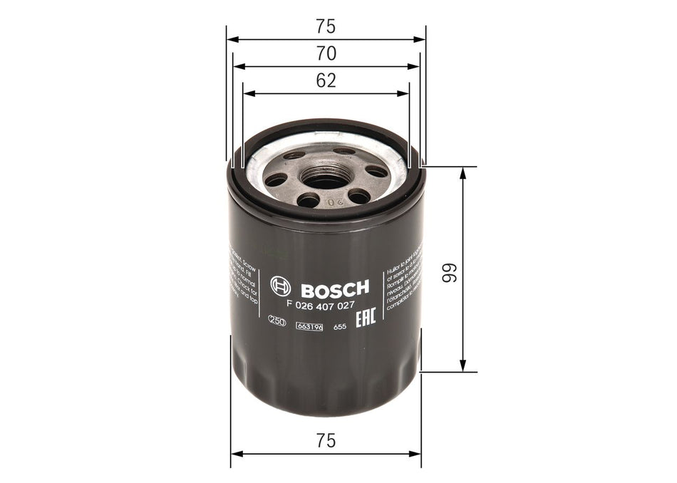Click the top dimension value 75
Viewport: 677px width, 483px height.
[x=326, y=27]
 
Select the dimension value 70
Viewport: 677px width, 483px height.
[x=326, y=53]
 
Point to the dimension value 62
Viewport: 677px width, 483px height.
[x=326, y=80]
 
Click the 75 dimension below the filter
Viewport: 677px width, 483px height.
[x=326, y=441]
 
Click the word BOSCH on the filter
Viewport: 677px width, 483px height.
[x=334, y=288]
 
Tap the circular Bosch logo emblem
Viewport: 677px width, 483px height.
[x=281, y=288]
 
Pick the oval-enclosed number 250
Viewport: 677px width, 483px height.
[x=277, y=321]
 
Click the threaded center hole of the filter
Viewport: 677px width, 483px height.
[x=326, y=177]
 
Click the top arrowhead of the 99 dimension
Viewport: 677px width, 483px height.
[x=464, y=172]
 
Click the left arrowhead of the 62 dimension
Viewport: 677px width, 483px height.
[x=247, y=93]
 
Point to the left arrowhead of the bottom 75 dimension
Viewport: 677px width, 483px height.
[x=234, y=453]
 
